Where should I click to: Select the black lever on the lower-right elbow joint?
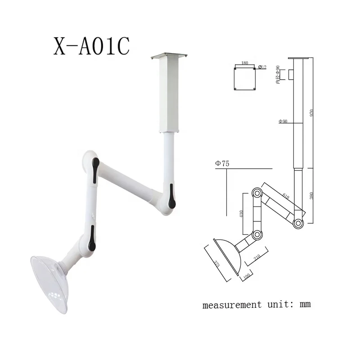coord(171,194)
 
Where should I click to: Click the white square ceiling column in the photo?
coord(169,94)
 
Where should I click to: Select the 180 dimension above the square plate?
coord(245,64)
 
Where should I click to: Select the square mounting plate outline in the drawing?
coord(245,78)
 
